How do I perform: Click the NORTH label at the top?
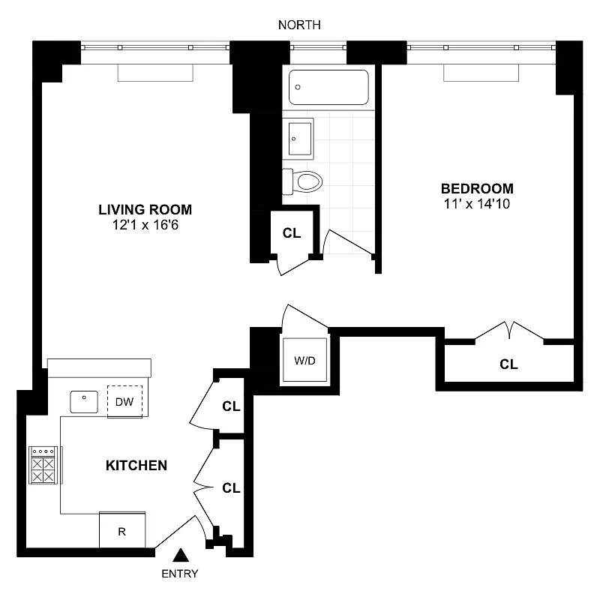(x=299, y=25)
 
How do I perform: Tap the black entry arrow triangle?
(x=180, y=556)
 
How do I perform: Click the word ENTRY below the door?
(x=180, y=574)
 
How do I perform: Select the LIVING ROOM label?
(x=145, y=209)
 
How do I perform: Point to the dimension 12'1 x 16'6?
(x=145, y=224)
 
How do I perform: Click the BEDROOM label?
(x=477, y=188)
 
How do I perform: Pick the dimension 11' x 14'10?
(x=477, y=203)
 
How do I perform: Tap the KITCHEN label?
(x=136, y=466)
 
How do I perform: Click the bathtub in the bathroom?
(x=328, y=87)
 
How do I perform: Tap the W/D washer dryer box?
(x=304, y=361)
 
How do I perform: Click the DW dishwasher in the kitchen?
(x=124, y=402)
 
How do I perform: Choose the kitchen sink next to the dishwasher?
(x=85, y=401)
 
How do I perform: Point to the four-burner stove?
(x=43, y=466)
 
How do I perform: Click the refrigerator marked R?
(x=122, y=531)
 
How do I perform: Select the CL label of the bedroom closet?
(x=509, y=364)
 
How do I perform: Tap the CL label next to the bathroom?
(x=292, y=232)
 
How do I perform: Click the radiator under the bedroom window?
(x=481, y=73)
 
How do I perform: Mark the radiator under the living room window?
(x=156, y=73)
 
